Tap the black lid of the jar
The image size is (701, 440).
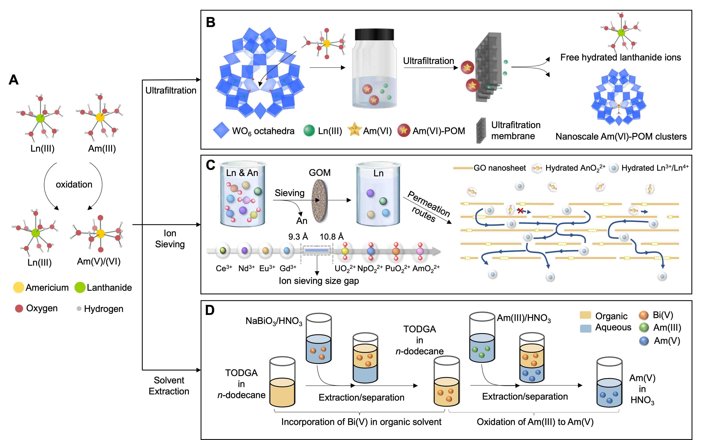(375, 34)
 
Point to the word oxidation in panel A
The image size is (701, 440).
(74, 185)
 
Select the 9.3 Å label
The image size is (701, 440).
(298, 237)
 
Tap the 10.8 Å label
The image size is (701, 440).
(332, 237)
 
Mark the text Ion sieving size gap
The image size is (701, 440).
(319, 281)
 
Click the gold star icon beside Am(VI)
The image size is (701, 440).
(354, 130)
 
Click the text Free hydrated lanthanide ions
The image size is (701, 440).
(620, 57)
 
